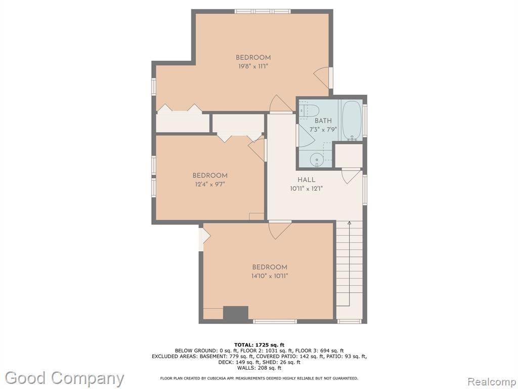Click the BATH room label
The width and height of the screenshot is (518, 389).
323,121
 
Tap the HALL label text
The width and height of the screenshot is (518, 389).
306,180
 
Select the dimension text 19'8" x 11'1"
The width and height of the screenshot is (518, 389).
253,66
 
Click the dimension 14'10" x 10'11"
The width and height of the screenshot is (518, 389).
270,276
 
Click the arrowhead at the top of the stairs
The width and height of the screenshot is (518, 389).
349,223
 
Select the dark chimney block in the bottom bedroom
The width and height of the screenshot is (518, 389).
236,313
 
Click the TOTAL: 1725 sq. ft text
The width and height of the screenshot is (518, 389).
260,345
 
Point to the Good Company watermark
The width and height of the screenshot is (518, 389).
65,378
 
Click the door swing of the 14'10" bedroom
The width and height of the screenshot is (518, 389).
280,230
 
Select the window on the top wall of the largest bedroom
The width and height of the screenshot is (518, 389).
263,11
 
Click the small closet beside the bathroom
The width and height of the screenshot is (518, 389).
349,155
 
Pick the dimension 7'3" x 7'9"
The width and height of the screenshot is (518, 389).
323,129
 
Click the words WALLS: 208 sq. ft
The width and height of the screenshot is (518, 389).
260,368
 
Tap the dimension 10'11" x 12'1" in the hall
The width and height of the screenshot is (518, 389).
306,189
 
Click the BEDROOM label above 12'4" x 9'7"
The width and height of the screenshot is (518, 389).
210,176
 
